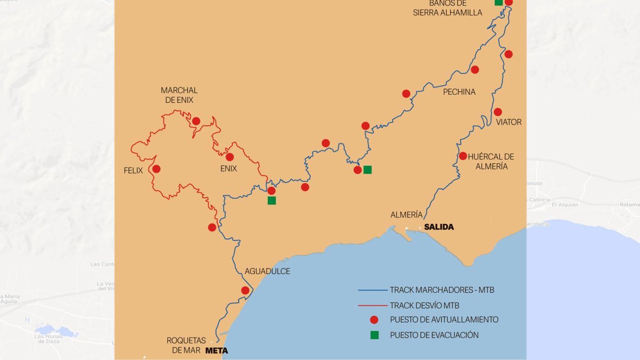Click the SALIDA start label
coord(439,227)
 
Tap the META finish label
coord(217,350)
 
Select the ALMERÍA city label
coord(406,214)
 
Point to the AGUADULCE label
coord(267,271)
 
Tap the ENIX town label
coord(228,168)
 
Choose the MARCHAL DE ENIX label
coord(179,95)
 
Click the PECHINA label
coord(459,92)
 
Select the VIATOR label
coord(508,122)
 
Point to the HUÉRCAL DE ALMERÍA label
coord(491,161)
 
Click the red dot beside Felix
coord(156,169)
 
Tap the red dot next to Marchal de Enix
coord(196,121)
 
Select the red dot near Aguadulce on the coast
coord(245,291)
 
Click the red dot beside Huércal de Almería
coord(463,156)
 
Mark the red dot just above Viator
coord(498,112)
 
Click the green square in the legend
coord(374,335)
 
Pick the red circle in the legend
coord(374,320)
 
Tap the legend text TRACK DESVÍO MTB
coord(424,306)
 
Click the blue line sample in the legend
coord(372,291)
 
